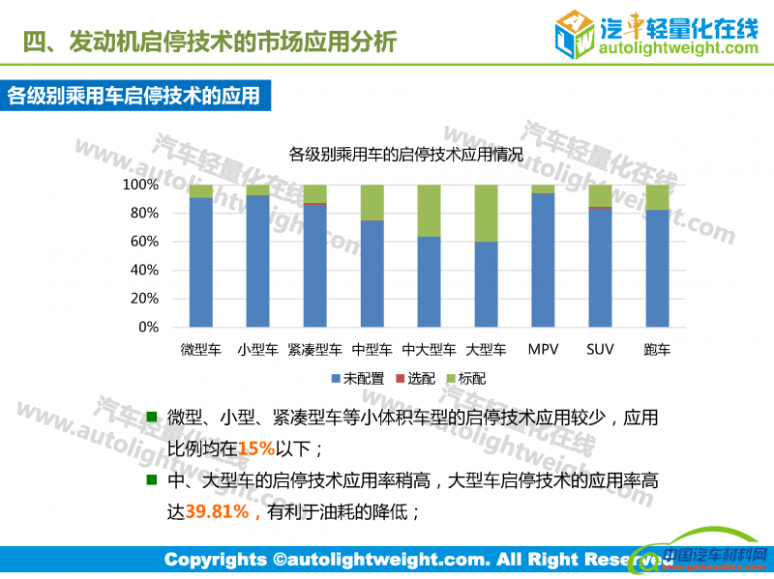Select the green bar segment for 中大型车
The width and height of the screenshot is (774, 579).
click(429, 211)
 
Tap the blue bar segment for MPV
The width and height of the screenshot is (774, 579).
click(543, 260)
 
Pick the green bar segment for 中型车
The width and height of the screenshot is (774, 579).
click(372, 202)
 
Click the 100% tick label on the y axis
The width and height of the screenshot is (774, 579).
click(140, 185)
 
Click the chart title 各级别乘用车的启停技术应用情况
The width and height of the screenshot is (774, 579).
click(405, 154)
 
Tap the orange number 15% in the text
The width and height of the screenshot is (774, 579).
click(256, 449)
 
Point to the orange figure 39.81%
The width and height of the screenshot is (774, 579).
click(218, 511)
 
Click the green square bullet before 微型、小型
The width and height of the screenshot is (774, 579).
click(150, 419)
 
